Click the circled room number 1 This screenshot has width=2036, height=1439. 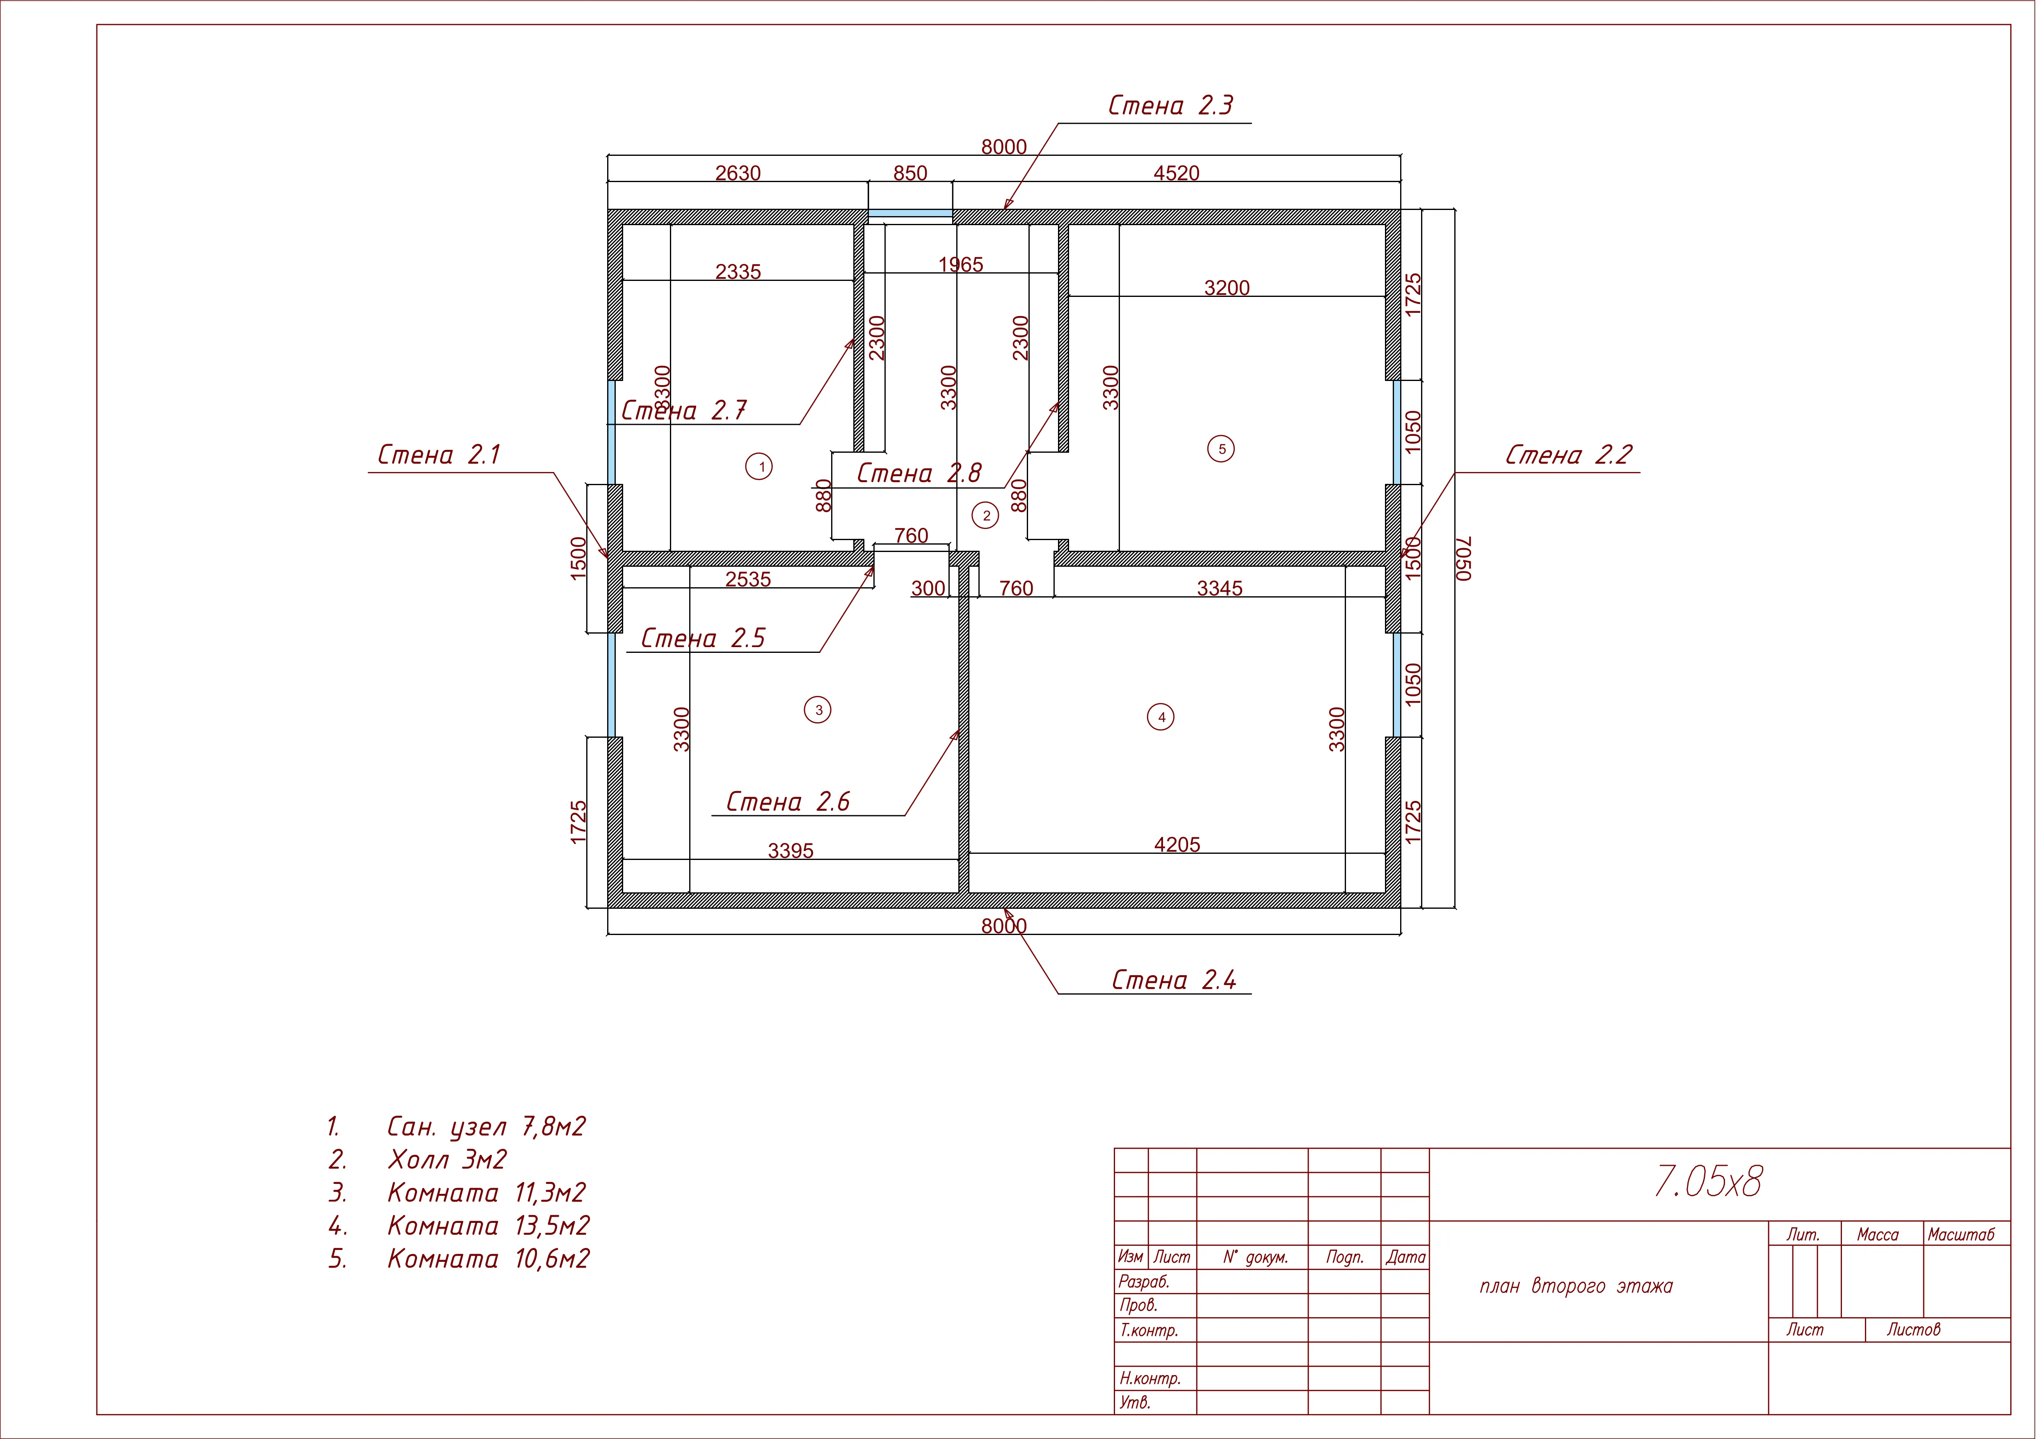click(759, 466)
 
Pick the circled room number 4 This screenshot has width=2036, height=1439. click(1161, 716)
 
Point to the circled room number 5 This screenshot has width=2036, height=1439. click(1221, 449)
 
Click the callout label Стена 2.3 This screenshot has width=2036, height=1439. click(1170, 105)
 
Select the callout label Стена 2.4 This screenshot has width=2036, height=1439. click(1174, 981)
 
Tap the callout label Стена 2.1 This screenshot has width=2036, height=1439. click(439, 455)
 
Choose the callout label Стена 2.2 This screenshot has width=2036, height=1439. click(1569, 455)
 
